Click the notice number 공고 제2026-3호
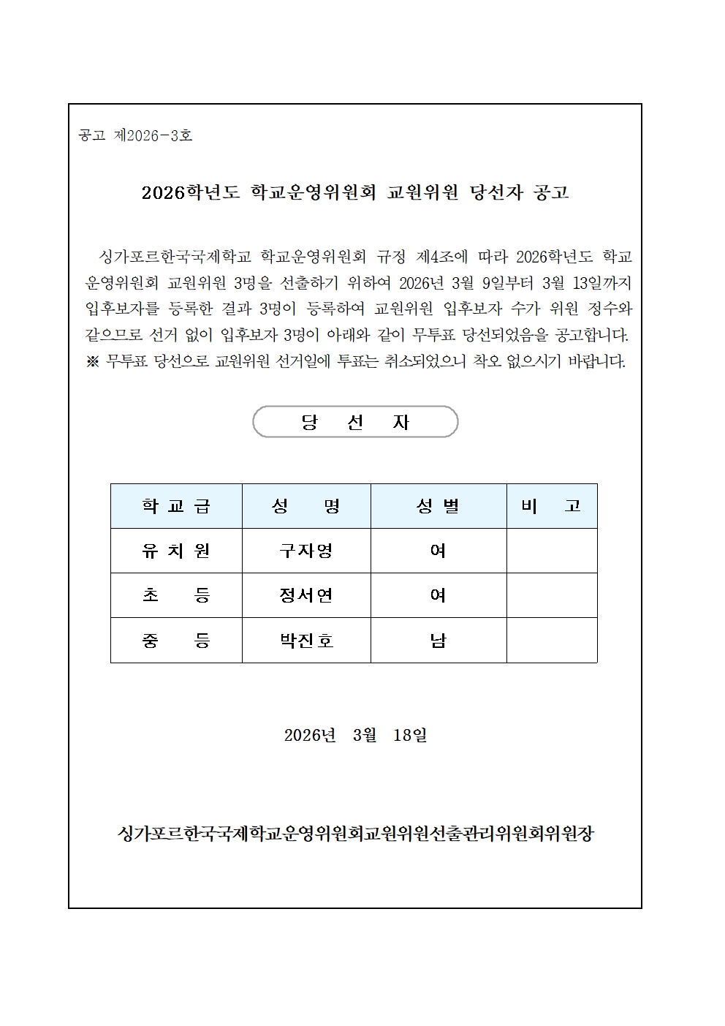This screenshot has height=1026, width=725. point(135,135)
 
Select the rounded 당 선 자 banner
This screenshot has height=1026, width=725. point(355,422)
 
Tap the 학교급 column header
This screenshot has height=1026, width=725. point(176,506)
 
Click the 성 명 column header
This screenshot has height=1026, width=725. point(306,506)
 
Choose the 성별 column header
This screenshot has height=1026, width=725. point(439,506)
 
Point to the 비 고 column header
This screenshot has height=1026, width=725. point(552,506)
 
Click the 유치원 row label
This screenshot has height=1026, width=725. point(176,551)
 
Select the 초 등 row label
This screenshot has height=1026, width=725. point(176,595)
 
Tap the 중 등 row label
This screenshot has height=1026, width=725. point(176,641)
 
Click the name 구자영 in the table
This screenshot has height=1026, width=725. point(306,551)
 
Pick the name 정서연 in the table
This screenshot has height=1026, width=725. point(306,595)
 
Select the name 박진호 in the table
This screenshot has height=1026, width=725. point(306,641)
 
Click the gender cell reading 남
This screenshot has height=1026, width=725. point(439,641)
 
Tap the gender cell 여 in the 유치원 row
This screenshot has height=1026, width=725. point(439,551)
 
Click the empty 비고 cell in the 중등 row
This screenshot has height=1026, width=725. point(552,641)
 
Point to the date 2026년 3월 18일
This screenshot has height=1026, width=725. point(355,735)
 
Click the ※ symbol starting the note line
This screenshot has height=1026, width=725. point(93,361)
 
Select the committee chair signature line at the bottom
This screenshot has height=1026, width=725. point(355,833)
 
